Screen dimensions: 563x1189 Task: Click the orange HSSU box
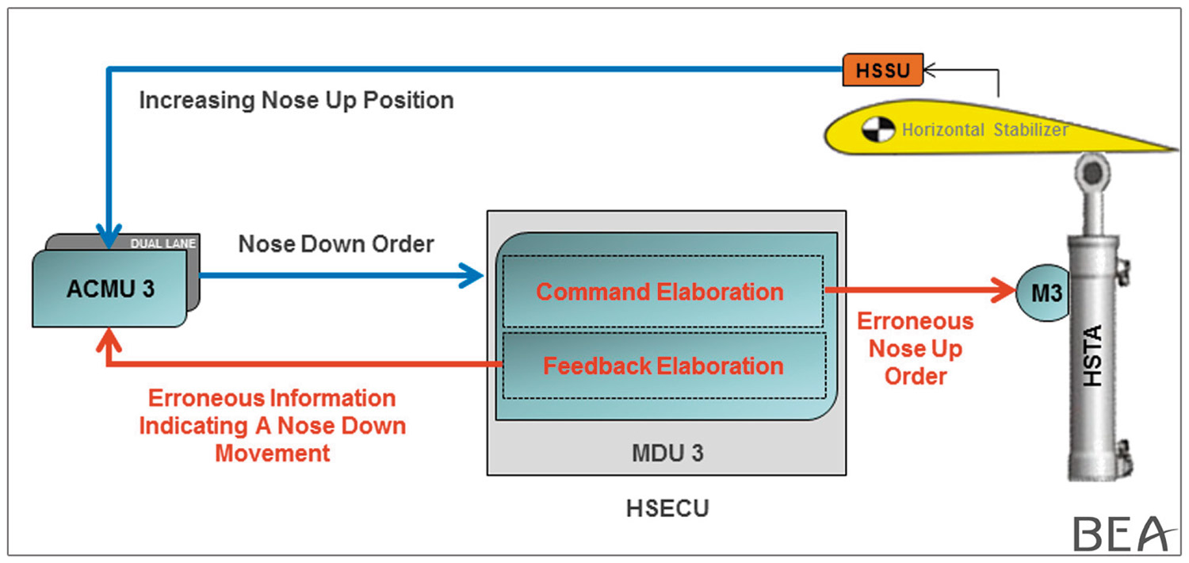point(883,70)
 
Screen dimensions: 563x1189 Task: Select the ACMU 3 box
point(110,289)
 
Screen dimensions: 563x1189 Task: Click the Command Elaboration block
point(659,292)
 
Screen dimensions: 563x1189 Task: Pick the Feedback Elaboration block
point(663,366)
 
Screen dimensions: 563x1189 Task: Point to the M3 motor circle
point(1045,293)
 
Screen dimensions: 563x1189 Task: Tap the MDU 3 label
point(666,454)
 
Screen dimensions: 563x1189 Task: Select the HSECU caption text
point(667,508)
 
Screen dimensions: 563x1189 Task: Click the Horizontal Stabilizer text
point(985,129)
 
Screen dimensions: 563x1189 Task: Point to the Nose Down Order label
point(336,244)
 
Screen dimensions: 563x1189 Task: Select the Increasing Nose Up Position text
point(296,101)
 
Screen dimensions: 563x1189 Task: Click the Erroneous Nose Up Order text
point(916,348)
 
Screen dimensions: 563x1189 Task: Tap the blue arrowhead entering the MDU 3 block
point(472,276)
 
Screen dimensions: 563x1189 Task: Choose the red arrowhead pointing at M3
point(1005,290)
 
